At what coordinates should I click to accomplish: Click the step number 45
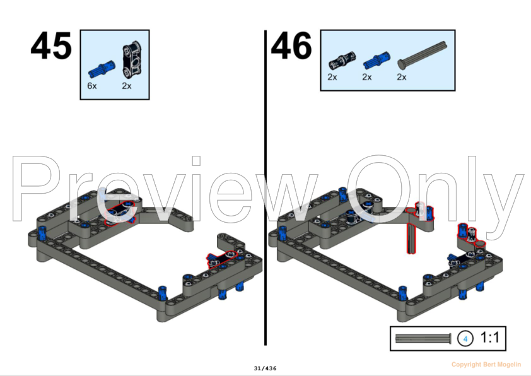pyautogui.click(x=51, y=46)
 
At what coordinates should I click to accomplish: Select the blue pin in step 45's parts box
pyautogui.click(x=102, y=69)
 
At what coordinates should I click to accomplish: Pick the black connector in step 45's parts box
pyautogui.click(x=132, y=58)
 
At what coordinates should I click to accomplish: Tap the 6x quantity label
pyautogui.click(x=92, y=86)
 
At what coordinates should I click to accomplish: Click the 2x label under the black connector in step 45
pyautogui.click(x=127, y=86)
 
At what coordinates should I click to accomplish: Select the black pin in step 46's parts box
pyautogui.click(x=342, y=61)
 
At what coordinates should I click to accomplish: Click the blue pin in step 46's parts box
pyautogui.click(x=376, y=61)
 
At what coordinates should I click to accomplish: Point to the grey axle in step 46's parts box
pyautogui.click(x=422, y=56)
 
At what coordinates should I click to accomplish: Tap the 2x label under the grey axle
pyautogui.click(x=402, y=77)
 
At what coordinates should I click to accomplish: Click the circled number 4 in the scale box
pyautogui.click(x=465, y=339)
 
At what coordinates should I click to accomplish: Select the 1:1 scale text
pyautogui.click(x=489, y=338)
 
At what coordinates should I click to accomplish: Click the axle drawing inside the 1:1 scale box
pyautogui.click(x=423, y=339)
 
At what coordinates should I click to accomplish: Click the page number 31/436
pyautogui.click(x=265, y=368)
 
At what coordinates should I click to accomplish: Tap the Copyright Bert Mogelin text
pyautogui.click(x=486, y=365)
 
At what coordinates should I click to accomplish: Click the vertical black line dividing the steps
pyautogui.click(x=265, y=187)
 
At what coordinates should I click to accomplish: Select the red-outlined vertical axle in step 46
pyautogui.click(x=411, y=238)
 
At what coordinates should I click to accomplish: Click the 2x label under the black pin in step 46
pyautogui.click(x=332, y=77)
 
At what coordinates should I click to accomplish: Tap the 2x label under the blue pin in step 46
pyautogui.click(x=367, y=77)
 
